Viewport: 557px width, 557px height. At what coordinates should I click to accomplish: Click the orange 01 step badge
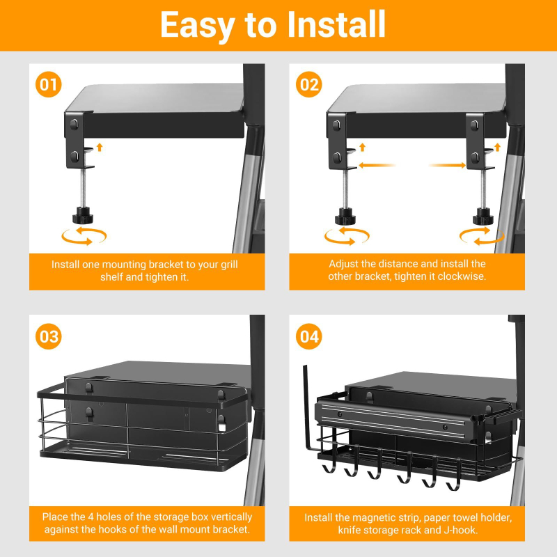tap(48, 84)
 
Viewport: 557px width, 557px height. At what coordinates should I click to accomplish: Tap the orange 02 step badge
tap(308, 84)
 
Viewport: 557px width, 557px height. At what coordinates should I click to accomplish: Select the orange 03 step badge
tap(48, 336)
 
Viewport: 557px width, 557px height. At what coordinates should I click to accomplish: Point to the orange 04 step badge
tap(308, 336)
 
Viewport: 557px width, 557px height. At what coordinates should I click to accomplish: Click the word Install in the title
tap(336, 24)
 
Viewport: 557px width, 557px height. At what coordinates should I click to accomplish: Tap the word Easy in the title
tap(197, 26)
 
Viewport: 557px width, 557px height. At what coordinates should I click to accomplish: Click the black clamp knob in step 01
tap(83, 216)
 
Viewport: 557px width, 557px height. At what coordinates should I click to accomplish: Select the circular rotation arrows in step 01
tap(84, 236)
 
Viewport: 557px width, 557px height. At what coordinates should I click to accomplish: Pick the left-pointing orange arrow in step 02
tap(377, 165)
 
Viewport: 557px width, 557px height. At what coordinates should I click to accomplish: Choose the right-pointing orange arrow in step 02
tap(447, 165)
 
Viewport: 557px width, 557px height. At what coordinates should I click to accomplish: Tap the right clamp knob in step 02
tap(483, 217)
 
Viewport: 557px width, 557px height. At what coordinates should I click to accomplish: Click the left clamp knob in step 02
tap(345, 217)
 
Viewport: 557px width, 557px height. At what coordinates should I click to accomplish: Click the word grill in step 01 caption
tap(229, 265)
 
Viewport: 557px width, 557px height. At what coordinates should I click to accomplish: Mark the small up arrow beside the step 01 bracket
tap(100, 147)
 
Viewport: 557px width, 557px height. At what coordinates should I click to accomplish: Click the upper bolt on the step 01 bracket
tap(74, 125)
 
